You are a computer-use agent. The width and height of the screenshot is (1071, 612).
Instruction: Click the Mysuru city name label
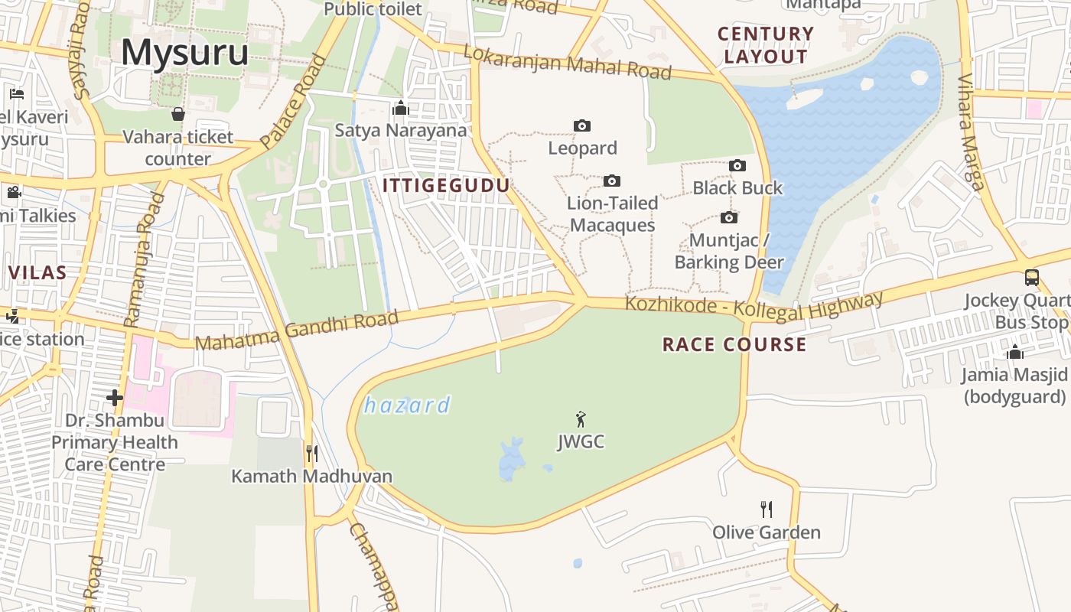tap(184, 53)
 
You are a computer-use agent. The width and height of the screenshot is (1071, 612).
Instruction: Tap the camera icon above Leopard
tap(582, 125)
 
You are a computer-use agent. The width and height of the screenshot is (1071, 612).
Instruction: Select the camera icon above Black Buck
tap(737, 165)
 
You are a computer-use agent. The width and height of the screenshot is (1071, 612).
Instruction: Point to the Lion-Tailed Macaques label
tap(612, 214)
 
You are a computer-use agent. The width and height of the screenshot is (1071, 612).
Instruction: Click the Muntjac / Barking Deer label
tap(729, 251)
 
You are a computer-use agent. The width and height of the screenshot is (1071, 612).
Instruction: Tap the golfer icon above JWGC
tap(581, 419)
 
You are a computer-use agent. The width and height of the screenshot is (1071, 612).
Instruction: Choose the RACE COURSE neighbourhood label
tap(734, 344)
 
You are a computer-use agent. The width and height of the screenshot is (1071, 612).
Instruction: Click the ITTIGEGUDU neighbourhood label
tap(445, 185)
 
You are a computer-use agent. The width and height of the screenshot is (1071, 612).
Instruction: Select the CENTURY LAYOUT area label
tap(766, 45)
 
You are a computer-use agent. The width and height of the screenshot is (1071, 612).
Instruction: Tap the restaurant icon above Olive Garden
tap(767, 509)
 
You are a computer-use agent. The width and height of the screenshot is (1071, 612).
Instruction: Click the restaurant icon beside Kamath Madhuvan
tap(311, 454)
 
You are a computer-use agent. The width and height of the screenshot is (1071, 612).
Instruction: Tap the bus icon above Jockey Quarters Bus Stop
tap(1032, 278)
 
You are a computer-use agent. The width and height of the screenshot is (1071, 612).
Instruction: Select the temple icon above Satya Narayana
tap(400, 108)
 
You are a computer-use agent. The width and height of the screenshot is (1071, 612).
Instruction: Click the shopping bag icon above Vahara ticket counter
tap(178, 114)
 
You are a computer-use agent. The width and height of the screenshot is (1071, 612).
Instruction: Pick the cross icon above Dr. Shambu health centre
tap(115, 398)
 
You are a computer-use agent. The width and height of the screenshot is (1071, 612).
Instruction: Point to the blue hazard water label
tap(407, 405)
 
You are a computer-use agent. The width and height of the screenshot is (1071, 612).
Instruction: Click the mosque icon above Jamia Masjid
tap(1015, 352)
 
